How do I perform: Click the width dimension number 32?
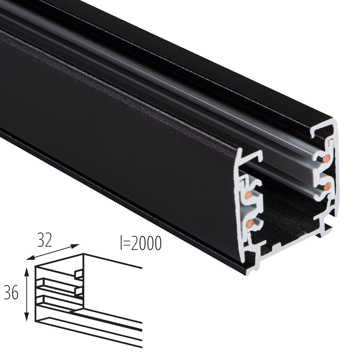point(45,240)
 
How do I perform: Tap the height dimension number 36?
point(11,292)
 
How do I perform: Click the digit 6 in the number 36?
point(15,292)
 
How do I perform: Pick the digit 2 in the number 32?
point(49,240)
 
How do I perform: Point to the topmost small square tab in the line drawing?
point(79,274)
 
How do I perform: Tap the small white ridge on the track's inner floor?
point(275,246)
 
